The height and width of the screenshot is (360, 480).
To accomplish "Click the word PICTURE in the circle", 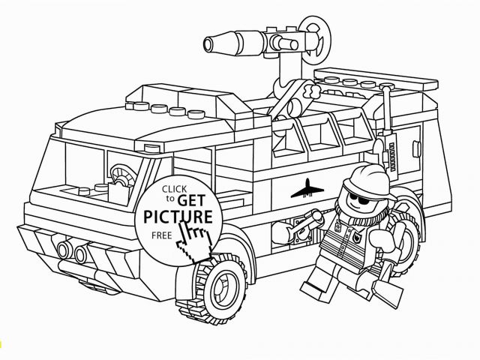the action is coord(178,217).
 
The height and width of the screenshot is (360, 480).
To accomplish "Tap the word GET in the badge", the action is coord(191,200).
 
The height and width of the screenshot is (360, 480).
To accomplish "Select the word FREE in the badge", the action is coord(162,235).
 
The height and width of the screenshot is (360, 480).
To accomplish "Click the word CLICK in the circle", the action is coord(174,189).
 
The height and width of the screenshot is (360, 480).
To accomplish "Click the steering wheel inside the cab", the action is coord(123,175).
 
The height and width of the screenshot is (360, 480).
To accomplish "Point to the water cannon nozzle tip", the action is coord(208,44).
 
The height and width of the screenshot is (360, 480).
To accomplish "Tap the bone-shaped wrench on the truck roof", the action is coord(310,91).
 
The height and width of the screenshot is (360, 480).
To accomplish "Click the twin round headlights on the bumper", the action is coord(73,251).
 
